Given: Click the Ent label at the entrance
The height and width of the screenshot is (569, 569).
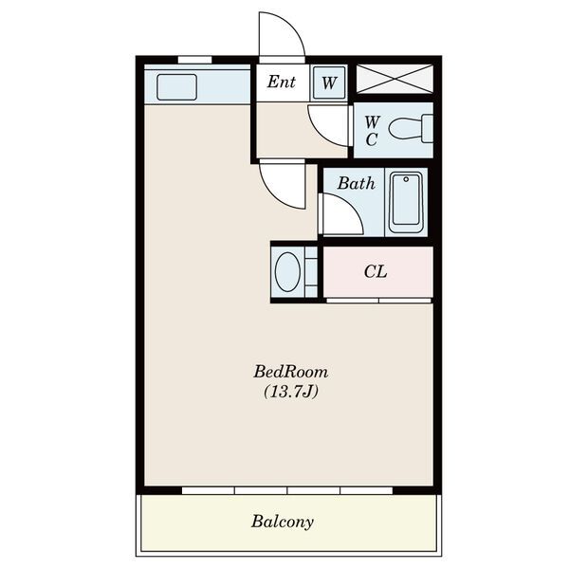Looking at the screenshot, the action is coord(282,82).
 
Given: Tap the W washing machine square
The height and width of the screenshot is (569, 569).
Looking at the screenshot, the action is coord(329,83).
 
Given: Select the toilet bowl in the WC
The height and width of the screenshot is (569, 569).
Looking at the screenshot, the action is coord(406,128).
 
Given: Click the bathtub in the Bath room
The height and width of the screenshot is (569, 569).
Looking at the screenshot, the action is coord(406,202).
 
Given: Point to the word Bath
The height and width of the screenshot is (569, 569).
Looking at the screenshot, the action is coord(356,183).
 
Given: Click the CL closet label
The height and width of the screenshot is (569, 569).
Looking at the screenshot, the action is coord(376,271).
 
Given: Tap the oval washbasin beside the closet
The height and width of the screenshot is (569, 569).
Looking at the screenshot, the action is coord(287,271).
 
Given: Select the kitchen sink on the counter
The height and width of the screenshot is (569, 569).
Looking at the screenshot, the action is coord(176,87).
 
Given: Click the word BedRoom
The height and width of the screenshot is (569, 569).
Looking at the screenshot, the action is coord(291,372).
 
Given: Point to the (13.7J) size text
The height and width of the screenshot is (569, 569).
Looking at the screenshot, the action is coord(291,392).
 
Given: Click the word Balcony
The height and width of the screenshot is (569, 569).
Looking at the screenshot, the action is coord(283,522).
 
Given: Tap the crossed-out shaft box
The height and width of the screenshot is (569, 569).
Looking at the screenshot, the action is coord(395,79).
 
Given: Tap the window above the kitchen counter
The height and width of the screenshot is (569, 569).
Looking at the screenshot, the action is coord(194,60).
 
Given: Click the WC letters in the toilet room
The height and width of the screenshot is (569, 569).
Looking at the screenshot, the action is coord(371,131).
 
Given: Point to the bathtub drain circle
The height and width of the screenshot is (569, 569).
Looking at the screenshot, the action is coord(406,179).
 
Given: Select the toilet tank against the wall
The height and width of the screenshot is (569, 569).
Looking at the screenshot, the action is coord(428,128).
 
